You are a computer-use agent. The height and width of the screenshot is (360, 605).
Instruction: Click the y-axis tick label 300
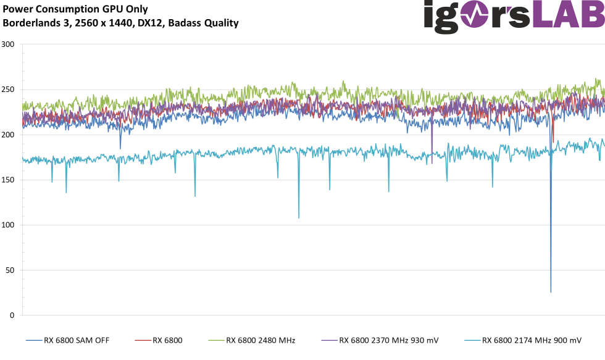[x=8, y=44]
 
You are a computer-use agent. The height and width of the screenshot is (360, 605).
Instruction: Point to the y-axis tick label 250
[x=8, y=90]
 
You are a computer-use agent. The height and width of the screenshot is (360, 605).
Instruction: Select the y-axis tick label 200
[x=8, y=135]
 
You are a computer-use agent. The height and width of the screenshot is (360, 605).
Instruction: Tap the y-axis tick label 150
[x=8, y=180]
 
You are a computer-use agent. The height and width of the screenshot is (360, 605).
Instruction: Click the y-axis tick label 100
[x=8, y=225]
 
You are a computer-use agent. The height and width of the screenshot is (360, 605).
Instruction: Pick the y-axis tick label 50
[x=10, y=270]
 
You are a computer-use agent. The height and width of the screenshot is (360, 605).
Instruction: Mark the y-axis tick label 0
[x=12, y=315]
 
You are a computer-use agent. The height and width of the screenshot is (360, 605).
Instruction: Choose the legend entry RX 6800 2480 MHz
[x=260, y=340]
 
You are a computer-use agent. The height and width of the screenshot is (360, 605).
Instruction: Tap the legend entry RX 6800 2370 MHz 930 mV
[x=388, y=340]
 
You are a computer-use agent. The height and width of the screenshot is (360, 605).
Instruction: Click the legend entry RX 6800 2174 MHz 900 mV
[x=532, y=340]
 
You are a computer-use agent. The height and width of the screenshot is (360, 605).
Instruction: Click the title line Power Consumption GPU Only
[x=75, y=9]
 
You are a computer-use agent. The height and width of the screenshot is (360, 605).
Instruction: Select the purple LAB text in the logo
[x=568, y=15]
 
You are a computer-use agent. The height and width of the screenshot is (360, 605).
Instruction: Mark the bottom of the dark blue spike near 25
[x=551, y=292]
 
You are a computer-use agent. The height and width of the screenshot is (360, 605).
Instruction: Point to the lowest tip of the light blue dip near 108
[x=299, y=218]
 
